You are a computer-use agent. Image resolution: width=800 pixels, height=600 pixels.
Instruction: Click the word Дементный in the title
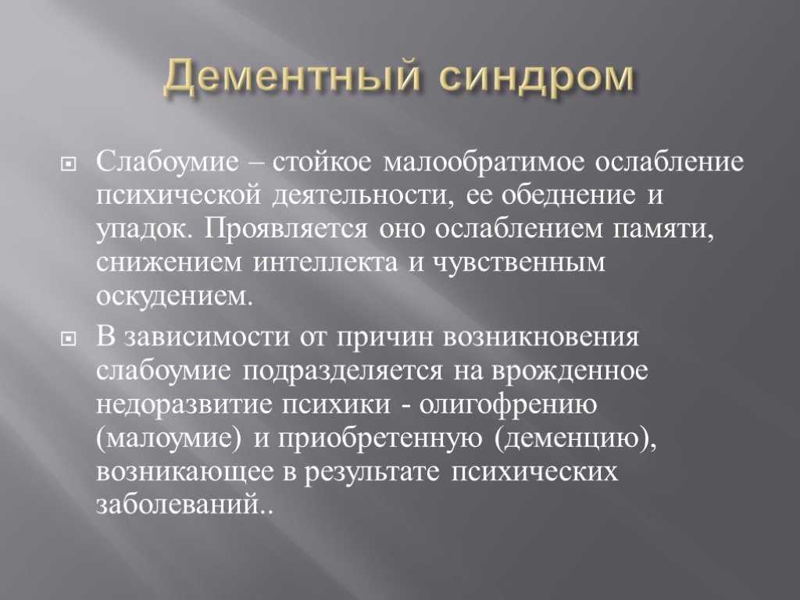click(x=292, y=77)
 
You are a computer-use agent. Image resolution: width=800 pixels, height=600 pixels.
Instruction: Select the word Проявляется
click(x=286, y=229)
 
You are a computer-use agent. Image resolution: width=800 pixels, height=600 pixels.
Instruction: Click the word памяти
click(x=662, y=230)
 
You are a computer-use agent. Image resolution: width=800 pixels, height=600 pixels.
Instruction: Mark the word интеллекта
click(x=325, y=262)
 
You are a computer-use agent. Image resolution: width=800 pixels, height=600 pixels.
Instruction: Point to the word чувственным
click(x=519, y=263)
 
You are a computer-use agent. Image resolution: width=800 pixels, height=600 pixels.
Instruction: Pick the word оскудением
click(x=174, y=296)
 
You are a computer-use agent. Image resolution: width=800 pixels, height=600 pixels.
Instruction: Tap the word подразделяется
click(x=343, y=371)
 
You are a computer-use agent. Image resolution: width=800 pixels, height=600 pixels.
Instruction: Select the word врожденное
click(x=570, y=371)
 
